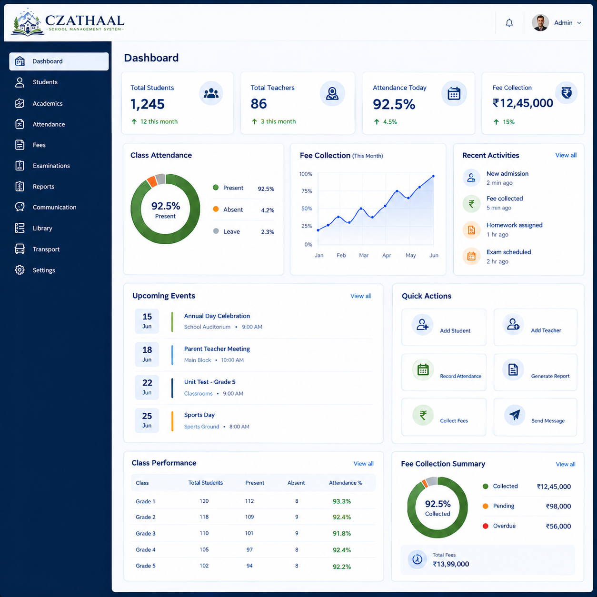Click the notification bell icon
(x=509, y=23)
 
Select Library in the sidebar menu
(x=43, y=228)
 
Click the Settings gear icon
(x=20, y=270)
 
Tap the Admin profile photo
(x=540, y=23)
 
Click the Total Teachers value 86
(x=259, y=104)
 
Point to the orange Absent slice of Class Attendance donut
(x=152, y=181)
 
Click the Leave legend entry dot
(x=216, y=231)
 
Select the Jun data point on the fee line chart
(x=433, y=176)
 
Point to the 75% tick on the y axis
(x=307, y=191)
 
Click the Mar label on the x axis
(x=364, y=255)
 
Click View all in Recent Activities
(x=566, y=155)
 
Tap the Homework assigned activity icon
(x=471, y=230)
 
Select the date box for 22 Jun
(x=147, y=387)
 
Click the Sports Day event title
(x=199, y=415)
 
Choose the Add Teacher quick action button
(x=535, y=327)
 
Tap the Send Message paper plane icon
(x=515, y=415)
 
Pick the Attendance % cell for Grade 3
(x=342, y=534)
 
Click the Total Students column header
(x=205, y=483)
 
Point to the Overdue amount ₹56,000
(x=558, y=526)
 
